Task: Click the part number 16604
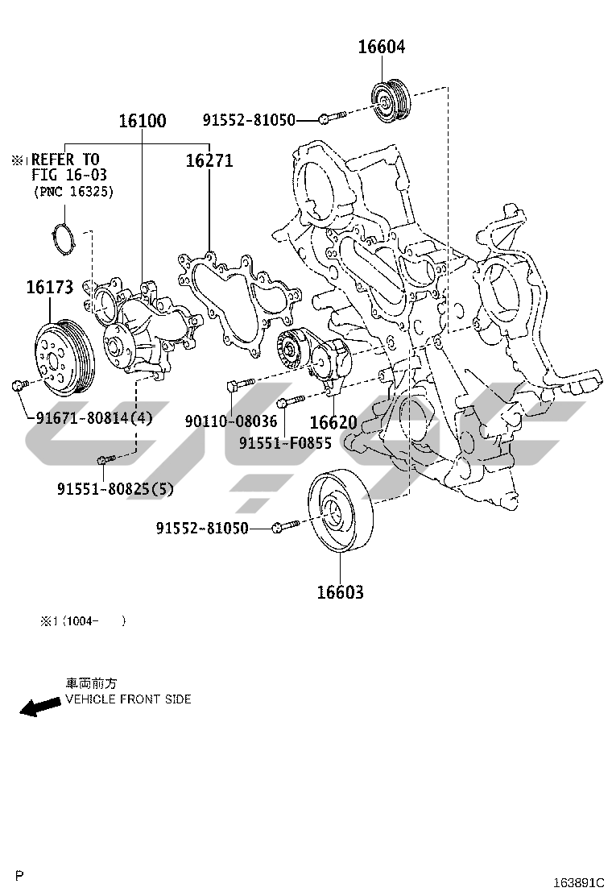[x=382, y=47]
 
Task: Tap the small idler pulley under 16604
[x=391, y=103]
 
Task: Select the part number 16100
[x=143, y=122]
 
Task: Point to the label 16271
[x=209, y=160]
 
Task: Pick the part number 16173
[x=49, y=287]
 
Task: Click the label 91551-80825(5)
[x=115, y=488]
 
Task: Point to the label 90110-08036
[x=230, y=421]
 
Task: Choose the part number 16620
[x=333, y=422]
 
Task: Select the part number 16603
[x=340, y=593]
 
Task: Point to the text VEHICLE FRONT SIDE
[x=128, y=699]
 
